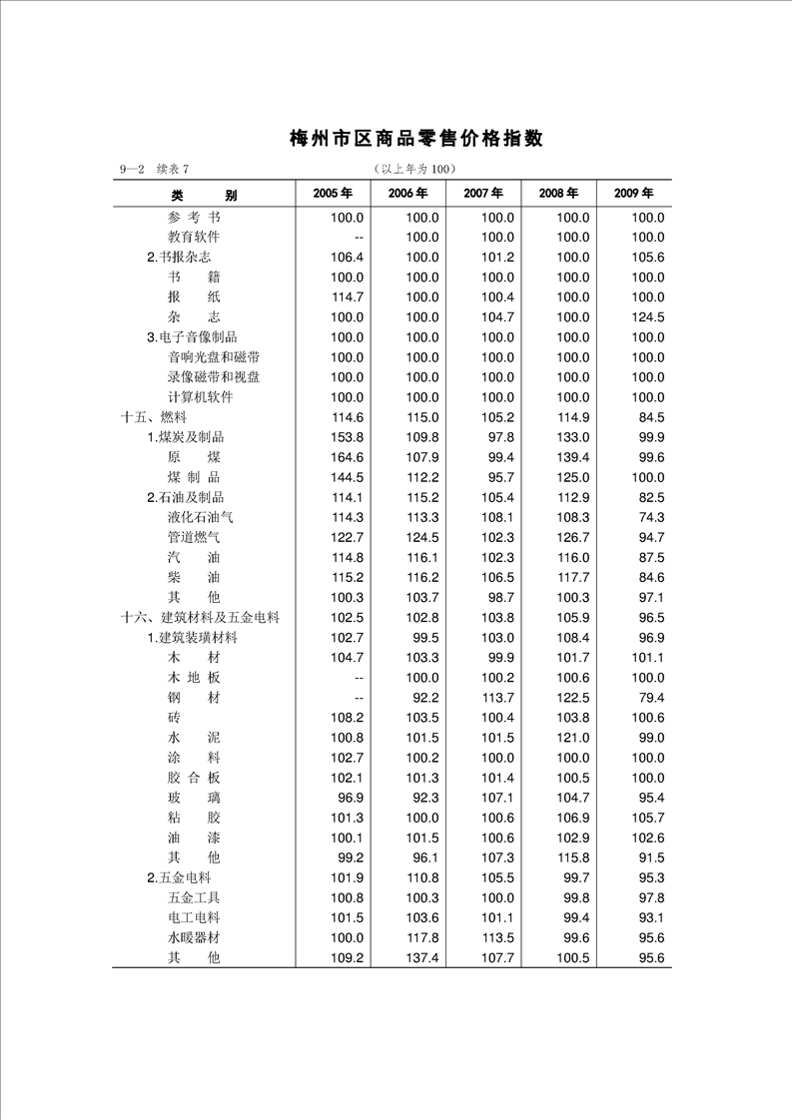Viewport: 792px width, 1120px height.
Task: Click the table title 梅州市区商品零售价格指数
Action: pos(416,139)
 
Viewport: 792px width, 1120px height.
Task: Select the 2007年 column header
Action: pos(482,193)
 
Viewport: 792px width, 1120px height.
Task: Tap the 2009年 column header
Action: pos(633,193)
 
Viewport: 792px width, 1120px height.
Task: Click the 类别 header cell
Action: pos(204,195)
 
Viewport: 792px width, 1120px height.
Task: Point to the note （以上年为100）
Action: pos(412,169)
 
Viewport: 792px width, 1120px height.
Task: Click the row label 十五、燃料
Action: pos(154,417)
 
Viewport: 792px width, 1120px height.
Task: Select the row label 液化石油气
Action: pos(201,517)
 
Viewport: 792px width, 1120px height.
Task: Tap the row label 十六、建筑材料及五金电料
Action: pos(200,618)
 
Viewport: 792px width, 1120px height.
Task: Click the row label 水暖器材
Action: pos(194,937)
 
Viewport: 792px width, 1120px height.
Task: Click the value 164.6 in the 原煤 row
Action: pos(347,457)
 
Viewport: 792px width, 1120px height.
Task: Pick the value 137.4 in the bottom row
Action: pos(422,958)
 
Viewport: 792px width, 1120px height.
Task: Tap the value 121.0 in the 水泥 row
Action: pos(572,738)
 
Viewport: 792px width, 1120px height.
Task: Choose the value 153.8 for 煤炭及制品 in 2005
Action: pos(347,437)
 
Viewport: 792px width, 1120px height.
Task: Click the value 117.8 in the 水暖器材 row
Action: pos(422,937)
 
